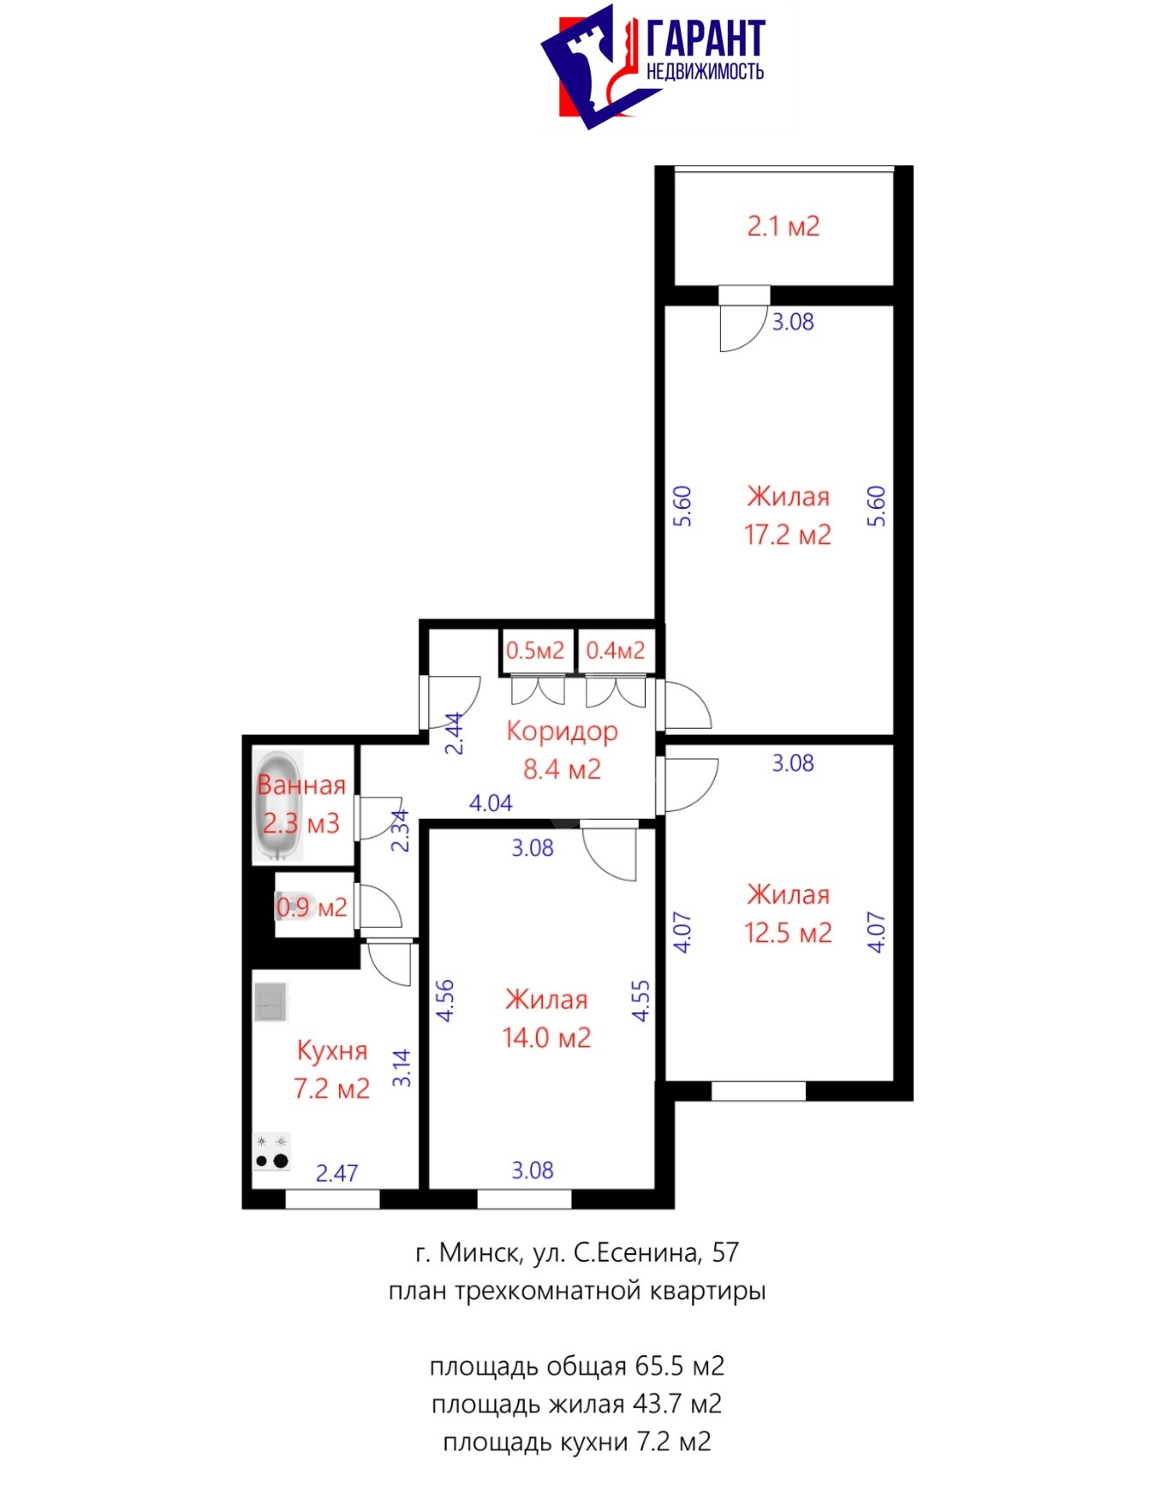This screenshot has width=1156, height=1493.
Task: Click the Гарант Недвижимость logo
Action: [652, 66]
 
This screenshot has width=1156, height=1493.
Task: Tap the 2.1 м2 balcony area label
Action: [783, 226]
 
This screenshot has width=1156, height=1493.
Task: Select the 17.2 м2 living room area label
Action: [787, 535]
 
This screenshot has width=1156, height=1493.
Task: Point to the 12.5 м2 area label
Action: [787, 933]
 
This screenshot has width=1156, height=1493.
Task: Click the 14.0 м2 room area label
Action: [546, 1038]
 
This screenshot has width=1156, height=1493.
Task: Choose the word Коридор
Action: [562, 732]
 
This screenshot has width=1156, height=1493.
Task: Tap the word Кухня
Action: [331, 1051]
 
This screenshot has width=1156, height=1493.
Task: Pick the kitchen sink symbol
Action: [271, 1001]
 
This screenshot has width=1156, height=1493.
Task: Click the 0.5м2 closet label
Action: [535, 650]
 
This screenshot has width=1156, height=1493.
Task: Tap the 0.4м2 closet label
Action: [615, 650]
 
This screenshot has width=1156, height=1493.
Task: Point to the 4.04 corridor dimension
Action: [491, 803]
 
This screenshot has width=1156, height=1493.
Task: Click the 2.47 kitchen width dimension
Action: [337, 1173]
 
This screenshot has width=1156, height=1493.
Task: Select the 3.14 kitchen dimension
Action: [402, 1068]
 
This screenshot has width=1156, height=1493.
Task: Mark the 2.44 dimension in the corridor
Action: [456, 733]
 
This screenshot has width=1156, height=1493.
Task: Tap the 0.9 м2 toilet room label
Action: [312, 907]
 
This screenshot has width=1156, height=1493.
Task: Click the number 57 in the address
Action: [725, 1252]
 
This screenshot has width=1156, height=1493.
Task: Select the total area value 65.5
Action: [660, 1366]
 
